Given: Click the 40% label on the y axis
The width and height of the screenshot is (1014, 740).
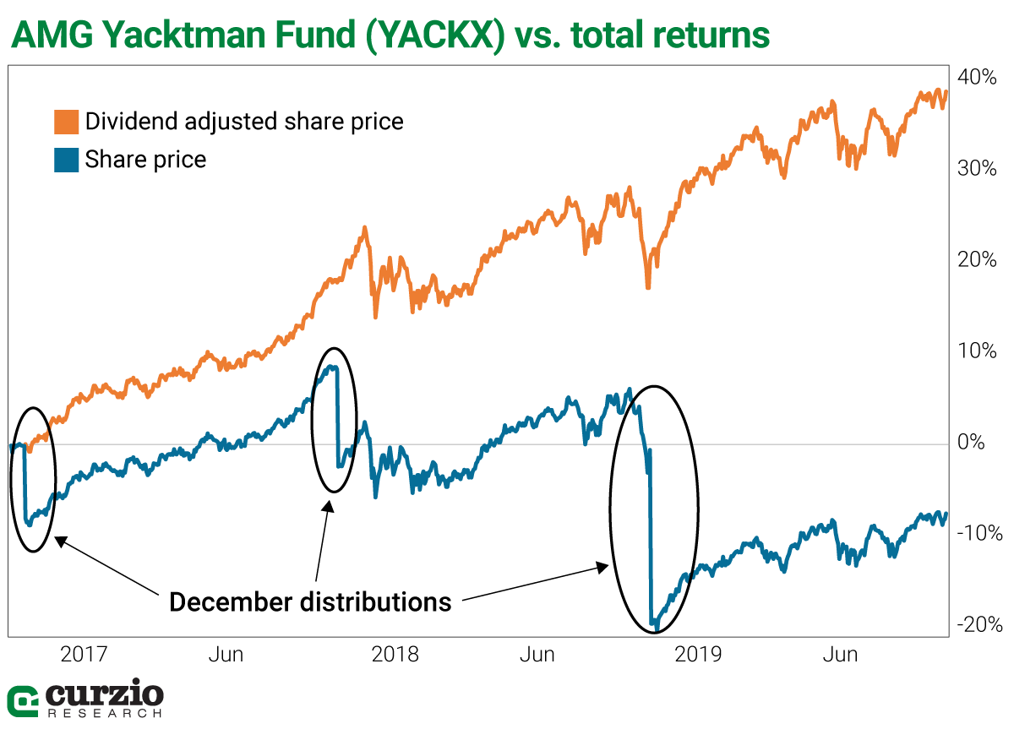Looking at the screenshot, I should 980,77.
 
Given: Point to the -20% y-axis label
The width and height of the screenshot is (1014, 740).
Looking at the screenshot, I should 980,625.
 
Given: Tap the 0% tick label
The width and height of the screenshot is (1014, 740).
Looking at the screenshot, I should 984,443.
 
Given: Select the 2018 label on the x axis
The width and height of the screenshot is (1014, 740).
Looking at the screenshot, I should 395,655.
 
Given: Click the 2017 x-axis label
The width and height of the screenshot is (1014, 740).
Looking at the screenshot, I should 85,655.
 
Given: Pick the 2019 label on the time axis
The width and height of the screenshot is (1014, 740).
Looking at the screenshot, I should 698,655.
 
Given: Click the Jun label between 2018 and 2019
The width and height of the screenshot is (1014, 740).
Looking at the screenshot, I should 537,655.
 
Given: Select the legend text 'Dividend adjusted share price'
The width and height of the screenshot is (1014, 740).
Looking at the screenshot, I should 244,122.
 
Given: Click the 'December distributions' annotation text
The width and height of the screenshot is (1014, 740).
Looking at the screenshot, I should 310,602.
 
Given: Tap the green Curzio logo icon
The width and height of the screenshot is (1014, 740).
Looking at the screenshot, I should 23,700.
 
